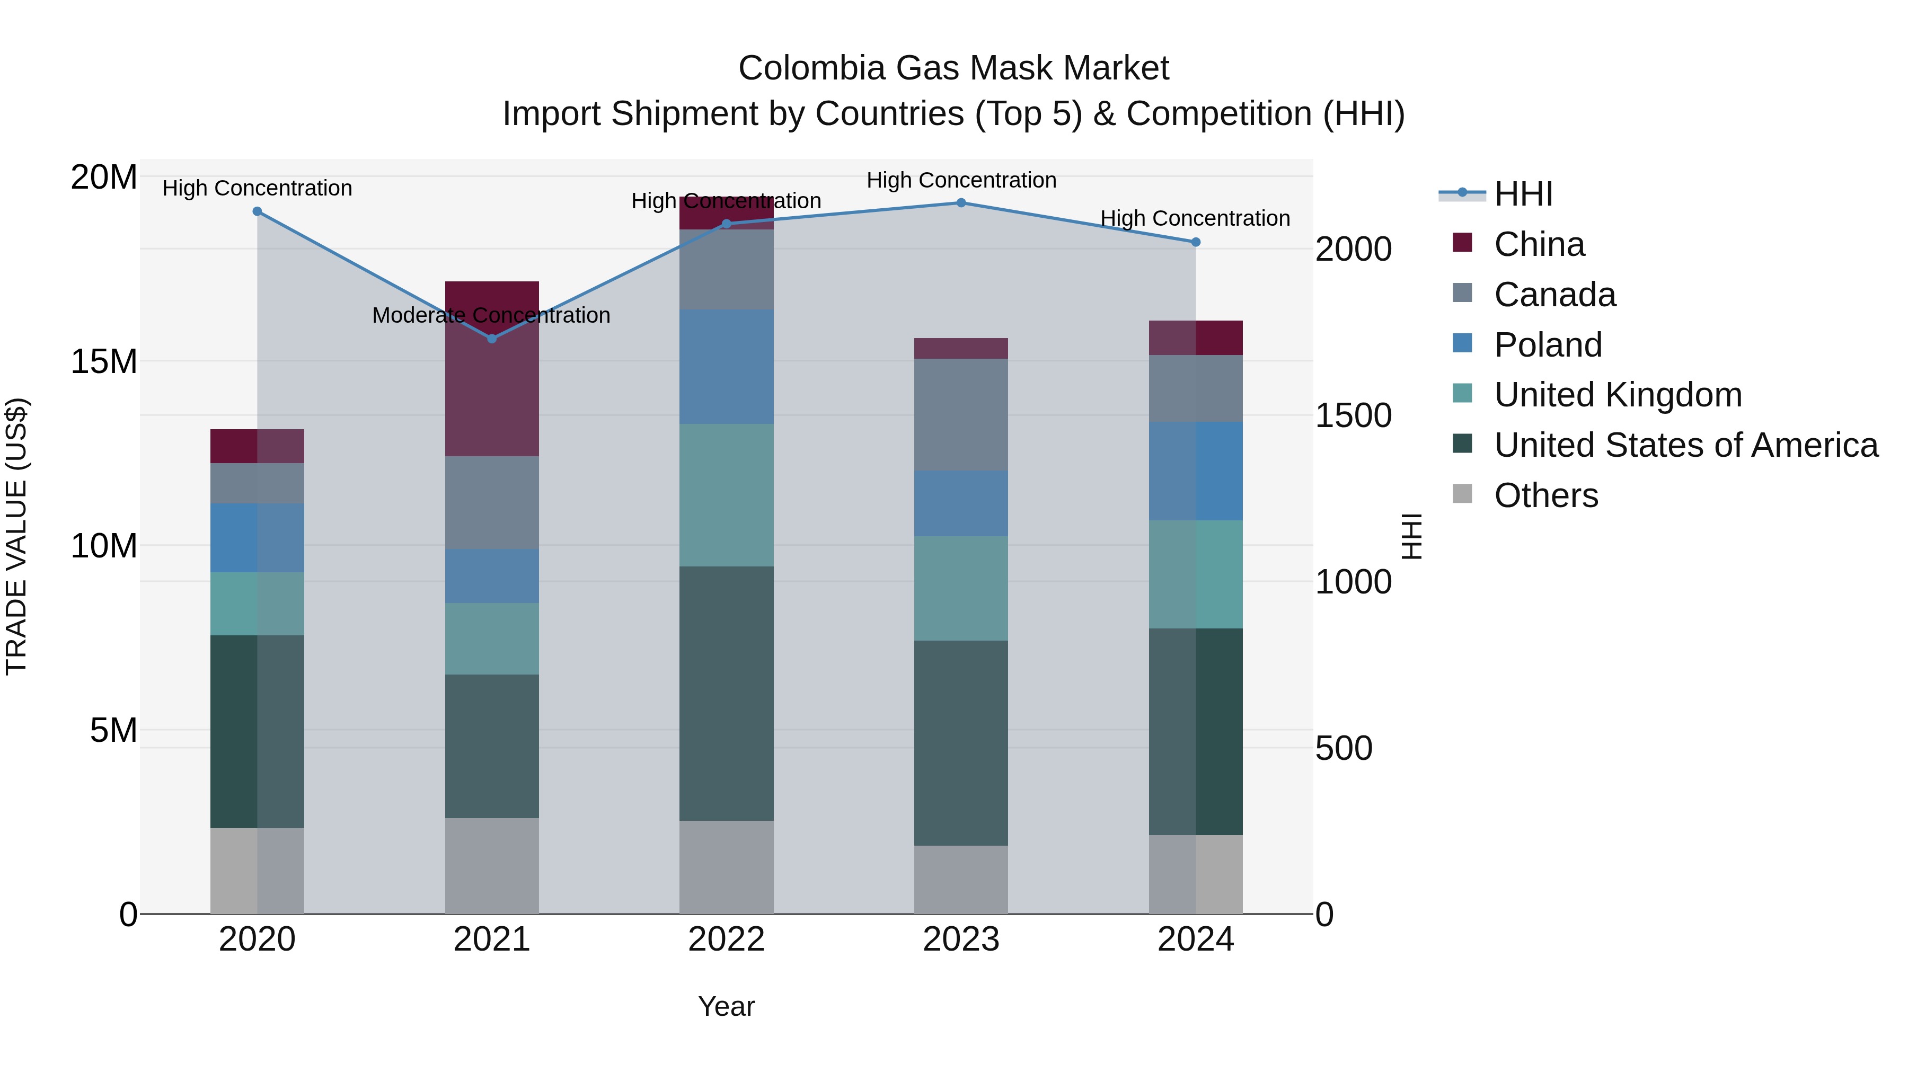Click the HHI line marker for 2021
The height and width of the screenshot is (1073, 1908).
pos(492,339)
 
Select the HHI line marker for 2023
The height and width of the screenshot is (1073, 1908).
pos(961,202)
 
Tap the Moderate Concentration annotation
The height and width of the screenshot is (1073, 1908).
pos(491,315)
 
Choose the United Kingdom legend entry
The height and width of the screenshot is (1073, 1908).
pos(1618,395)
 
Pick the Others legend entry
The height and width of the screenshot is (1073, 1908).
pos(1546,495)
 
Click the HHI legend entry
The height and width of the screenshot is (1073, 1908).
pos(1523,194)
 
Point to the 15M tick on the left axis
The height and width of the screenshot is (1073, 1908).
pos(104,361)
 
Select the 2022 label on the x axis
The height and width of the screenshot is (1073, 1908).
pos(726,939)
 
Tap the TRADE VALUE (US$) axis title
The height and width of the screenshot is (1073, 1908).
pos(16,536)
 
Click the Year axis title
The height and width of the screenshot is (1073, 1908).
pos(726,1006)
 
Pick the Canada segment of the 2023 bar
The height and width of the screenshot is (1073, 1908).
pos(961,415)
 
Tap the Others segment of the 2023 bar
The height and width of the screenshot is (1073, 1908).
pos(961,879)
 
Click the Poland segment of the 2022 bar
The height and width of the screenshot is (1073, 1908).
pos(726,367)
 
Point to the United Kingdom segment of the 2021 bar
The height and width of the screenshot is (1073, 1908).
pos(492,639)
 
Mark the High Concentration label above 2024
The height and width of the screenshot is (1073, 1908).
pos(1195,218)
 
